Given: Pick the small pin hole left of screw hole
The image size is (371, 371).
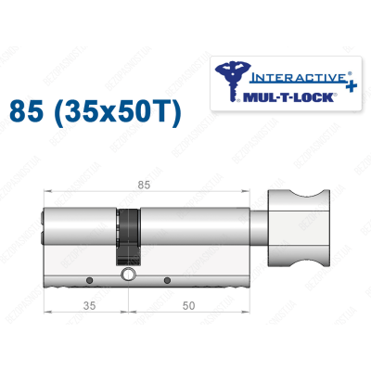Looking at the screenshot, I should click(88, 280).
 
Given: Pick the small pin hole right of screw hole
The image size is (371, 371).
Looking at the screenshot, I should click(166, 280).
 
